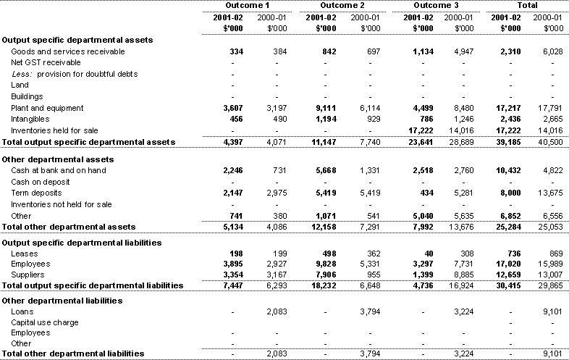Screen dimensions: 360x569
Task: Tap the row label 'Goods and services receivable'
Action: tap(67, 51)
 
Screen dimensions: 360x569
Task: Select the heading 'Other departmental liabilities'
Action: tap(56, 300)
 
